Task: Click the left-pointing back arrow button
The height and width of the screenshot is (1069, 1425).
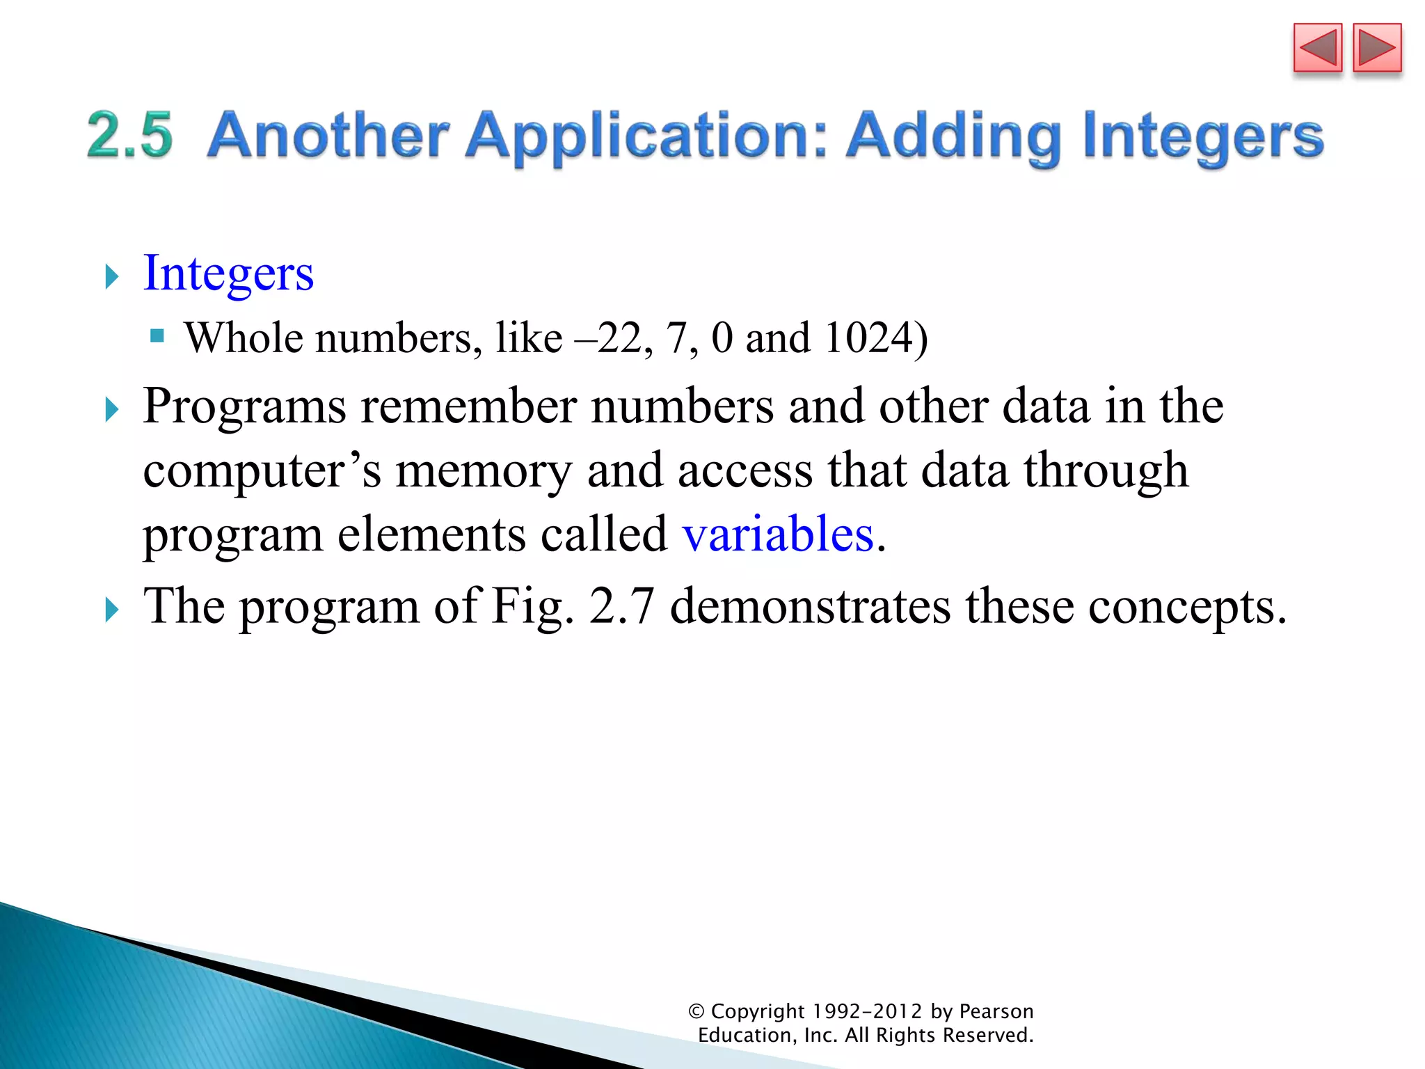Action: pos(1317,48)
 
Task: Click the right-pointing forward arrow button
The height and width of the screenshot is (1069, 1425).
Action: pos(1377,48)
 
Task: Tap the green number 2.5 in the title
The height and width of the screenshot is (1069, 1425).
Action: pos(130,134)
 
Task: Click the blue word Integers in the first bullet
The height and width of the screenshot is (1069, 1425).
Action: pos(228,273)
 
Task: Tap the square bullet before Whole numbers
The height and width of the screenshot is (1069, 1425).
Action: pos(157,337)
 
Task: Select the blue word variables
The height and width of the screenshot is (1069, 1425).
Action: pos(778,534)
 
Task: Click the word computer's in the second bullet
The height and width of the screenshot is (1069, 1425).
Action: pos(262,470)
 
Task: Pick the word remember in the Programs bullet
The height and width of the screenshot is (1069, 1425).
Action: pos(468,406)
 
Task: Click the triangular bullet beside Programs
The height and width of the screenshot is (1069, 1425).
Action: pos(111,409)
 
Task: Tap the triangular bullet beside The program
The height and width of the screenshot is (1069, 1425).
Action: pos(111,610)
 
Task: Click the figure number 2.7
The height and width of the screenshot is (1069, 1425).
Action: pos(621,605)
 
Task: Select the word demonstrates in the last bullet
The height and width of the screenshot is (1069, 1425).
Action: pos(809,605)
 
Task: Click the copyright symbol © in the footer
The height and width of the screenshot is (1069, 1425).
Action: pos(696,1011)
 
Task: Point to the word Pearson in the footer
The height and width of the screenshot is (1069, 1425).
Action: pos(996,1011)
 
